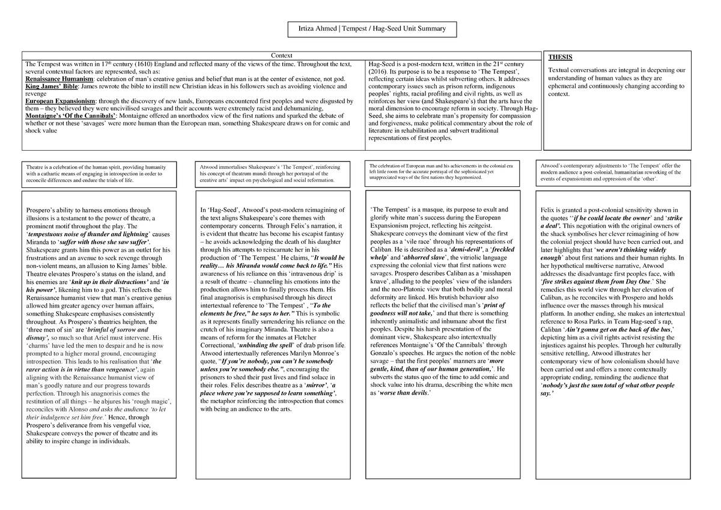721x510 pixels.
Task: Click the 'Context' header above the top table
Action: [x=281, y=55]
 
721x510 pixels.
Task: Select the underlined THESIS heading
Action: [x=560, y=58]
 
